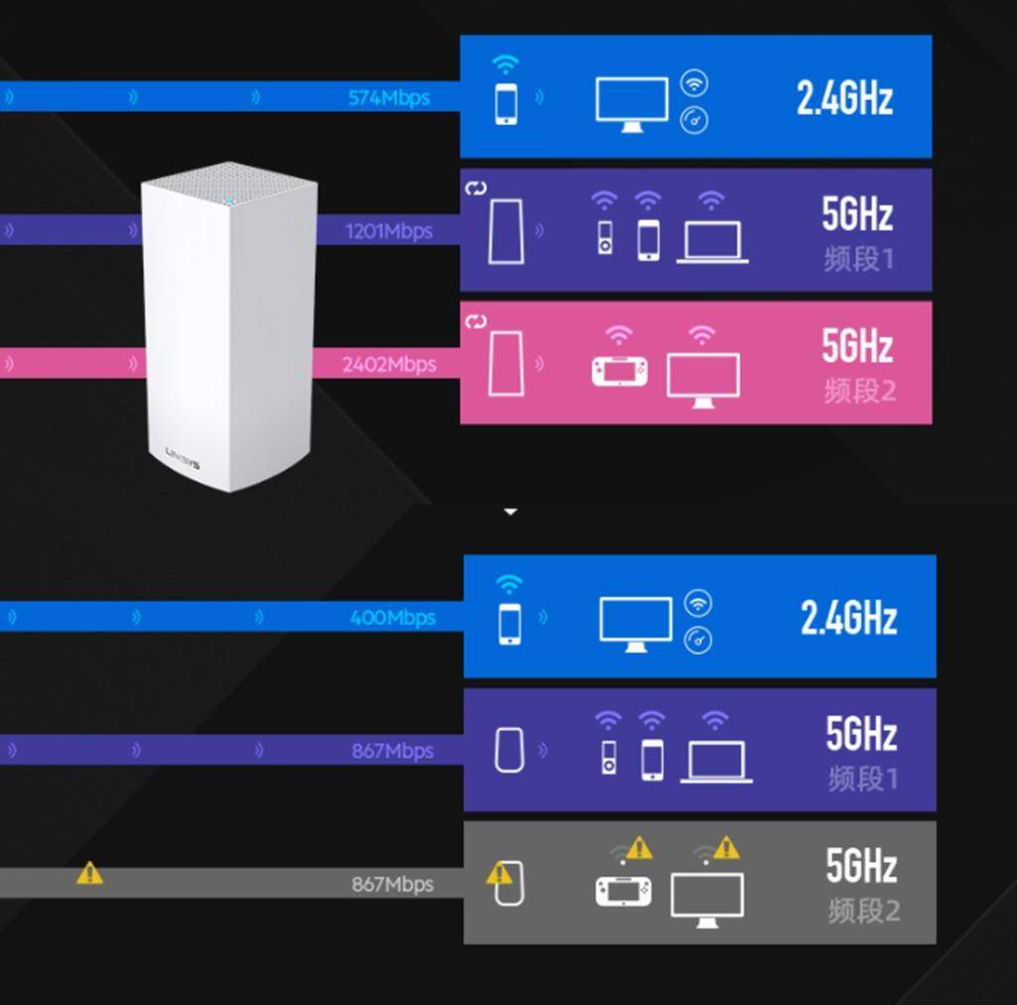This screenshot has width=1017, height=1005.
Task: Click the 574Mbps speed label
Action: (388, 98)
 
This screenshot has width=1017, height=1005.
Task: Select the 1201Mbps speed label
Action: (388, 231)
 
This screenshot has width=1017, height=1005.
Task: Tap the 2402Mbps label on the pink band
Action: (388, 364)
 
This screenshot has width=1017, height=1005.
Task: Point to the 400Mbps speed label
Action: (392, 618)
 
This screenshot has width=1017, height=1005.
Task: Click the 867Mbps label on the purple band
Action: (392, 751)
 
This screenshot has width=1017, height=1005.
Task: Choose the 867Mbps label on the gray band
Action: (392, 884)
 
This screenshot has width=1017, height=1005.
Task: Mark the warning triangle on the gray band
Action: (89, 873)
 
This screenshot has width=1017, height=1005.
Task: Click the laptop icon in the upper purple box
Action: (712, 242)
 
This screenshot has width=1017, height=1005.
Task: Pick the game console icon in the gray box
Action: (624, 891)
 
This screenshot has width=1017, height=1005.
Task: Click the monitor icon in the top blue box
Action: (632, 104)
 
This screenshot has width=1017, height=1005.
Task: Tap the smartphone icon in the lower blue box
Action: (509, 624)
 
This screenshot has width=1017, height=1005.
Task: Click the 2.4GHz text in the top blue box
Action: (844, 97)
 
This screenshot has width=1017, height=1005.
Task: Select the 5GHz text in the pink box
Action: (857, 346)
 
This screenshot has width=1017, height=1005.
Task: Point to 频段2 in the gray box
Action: (863, 911)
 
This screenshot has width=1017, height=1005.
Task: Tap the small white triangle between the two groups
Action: (510, 512)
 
